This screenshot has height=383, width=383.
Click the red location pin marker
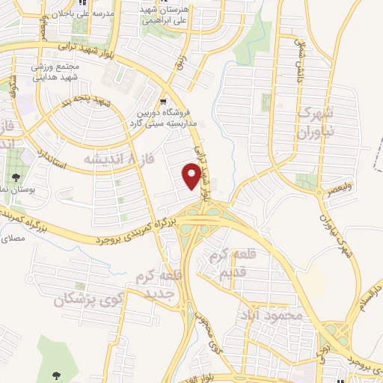click(192, 176)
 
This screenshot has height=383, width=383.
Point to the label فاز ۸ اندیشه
click(110, 159)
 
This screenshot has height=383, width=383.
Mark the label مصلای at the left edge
click(13, 238)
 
